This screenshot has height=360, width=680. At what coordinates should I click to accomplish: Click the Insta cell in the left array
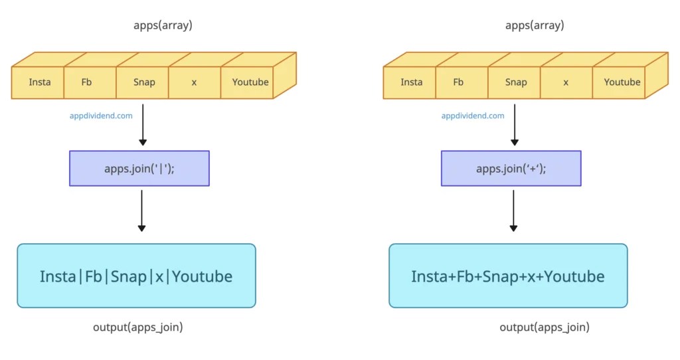coord(39,82)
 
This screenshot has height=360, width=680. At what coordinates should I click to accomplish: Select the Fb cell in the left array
coord(86,82)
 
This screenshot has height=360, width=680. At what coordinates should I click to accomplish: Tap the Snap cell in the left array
coord(143,82)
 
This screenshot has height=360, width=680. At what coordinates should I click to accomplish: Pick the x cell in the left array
coord(194,82)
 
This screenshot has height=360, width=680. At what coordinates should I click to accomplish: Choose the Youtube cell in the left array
coord(250,82)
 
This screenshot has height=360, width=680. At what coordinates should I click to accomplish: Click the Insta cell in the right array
coord(411,82)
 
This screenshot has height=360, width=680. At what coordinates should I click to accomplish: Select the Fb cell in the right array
coord(458,82)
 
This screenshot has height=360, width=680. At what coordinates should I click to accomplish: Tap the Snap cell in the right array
coord(515,82)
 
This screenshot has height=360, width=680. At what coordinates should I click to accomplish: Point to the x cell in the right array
coord(566,82)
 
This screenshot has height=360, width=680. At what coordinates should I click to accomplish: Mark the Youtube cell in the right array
coord(622,82)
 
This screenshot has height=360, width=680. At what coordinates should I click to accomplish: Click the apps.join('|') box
coord(139,168)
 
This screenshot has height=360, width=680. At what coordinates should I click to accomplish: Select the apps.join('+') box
coord(511,168)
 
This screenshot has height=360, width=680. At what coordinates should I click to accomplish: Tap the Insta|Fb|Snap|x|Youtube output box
coord(136,276)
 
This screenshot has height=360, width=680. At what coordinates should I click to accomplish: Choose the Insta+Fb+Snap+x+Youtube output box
coord(508,276)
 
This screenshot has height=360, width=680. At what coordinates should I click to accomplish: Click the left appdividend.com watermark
coord(101,116)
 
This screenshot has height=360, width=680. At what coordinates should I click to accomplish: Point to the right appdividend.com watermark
coord(473,116)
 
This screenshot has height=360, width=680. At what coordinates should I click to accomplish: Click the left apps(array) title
coord(163,26)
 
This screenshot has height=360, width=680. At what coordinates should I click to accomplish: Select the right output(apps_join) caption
coord(545,327)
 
